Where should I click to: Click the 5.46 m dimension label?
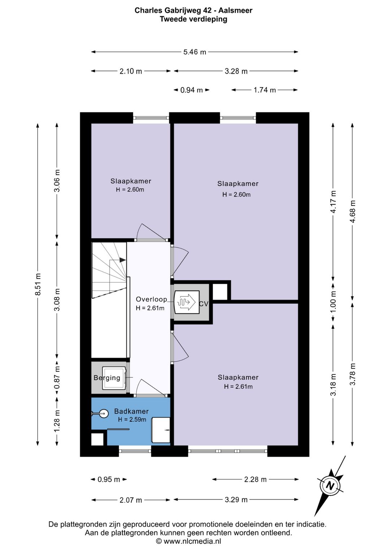pos(195,52)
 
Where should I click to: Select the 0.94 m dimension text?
pos(191,90)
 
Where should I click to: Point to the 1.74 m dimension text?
pos(264,90)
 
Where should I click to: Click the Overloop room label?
pos(151,299)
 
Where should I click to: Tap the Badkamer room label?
pos(131,411)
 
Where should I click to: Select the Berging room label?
pos(107,378)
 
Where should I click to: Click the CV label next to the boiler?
pos(204,304)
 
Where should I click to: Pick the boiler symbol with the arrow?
pos(187,302)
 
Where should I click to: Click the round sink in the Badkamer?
pos(103,414)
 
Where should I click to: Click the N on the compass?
pos(330,486)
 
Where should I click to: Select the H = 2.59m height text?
pos(132,420)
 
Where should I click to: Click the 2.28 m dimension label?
pos(255,480)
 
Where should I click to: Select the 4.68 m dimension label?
pos(352,212)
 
